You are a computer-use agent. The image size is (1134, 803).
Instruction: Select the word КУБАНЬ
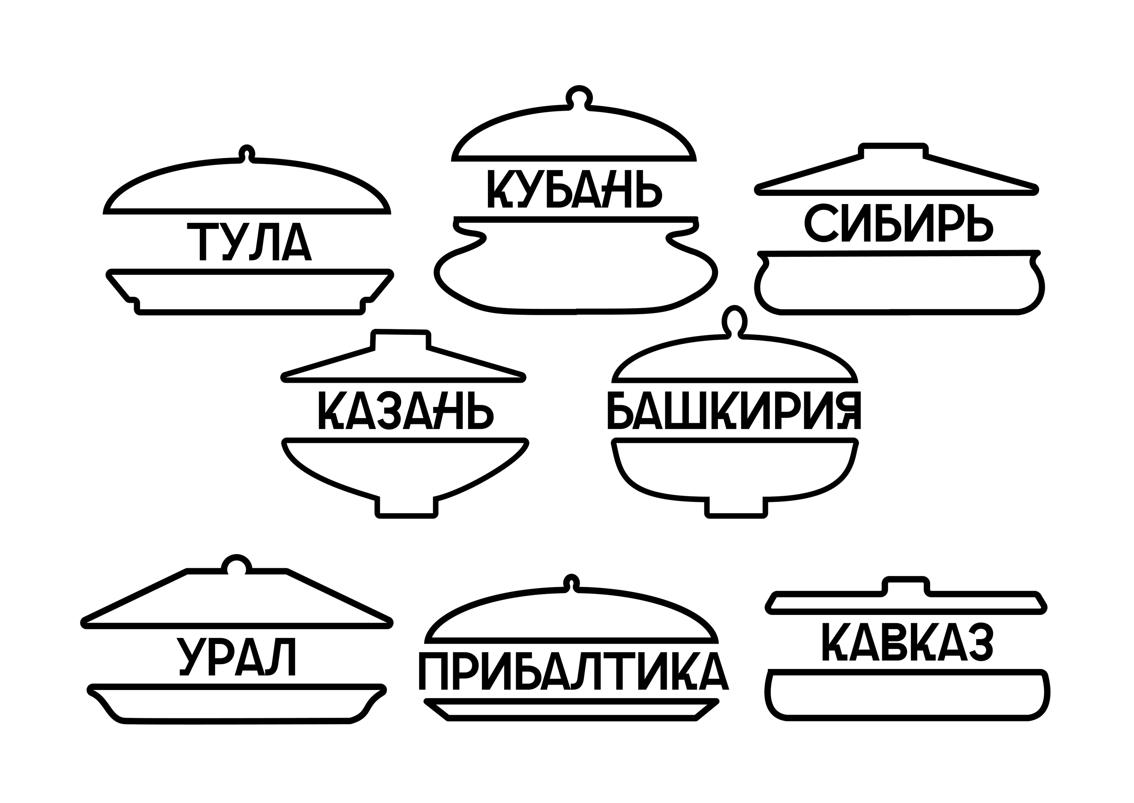pos(575,189)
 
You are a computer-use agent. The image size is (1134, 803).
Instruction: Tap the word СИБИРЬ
pos(898,224)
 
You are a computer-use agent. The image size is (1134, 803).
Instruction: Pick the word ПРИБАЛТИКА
pos(574,671)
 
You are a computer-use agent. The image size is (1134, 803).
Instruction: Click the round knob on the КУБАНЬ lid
pos(579,95)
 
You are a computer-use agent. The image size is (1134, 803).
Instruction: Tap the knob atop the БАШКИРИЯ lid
pos(734,321)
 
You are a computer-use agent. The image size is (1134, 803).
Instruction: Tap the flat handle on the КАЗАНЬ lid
pos(400,339)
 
